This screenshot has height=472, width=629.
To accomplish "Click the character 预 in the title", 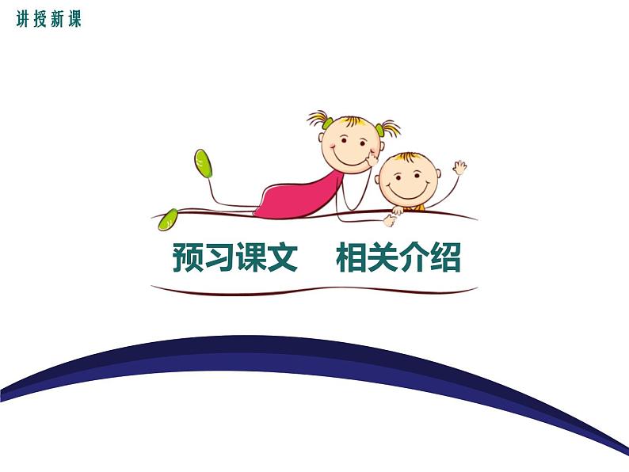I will tap(189, 258).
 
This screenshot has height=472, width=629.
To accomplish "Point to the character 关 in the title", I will tap(386, 258).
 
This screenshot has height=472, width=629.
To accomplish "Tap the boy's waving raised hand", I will tap(459, 167).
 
